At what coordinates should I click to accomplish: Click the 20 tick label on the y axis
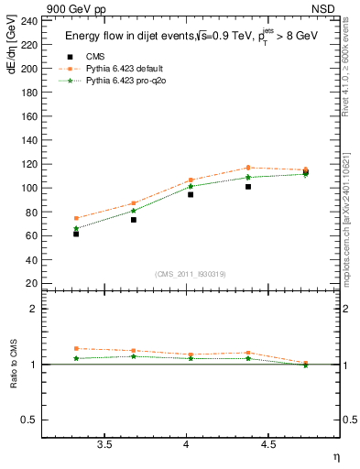click(x=32, y=283)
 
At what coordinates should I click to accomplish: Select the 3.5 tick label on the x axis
click(x=104, y=445)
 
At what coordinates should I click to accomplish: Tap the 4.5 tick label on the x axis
click(x=268, y=445)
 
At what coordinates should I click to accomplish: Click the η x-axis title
click(x=334, y=457)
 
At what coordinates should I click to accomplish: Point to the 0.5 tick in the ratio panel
click(x=30, y=420)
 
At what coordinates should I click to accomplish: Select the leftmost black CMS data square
click(x=76, y=234)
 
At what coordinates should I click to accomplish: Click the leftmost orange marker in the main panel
click(x=76, y=218)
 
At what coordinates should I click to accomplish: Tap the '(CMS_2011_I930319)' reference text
click(x=191, y=274)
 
